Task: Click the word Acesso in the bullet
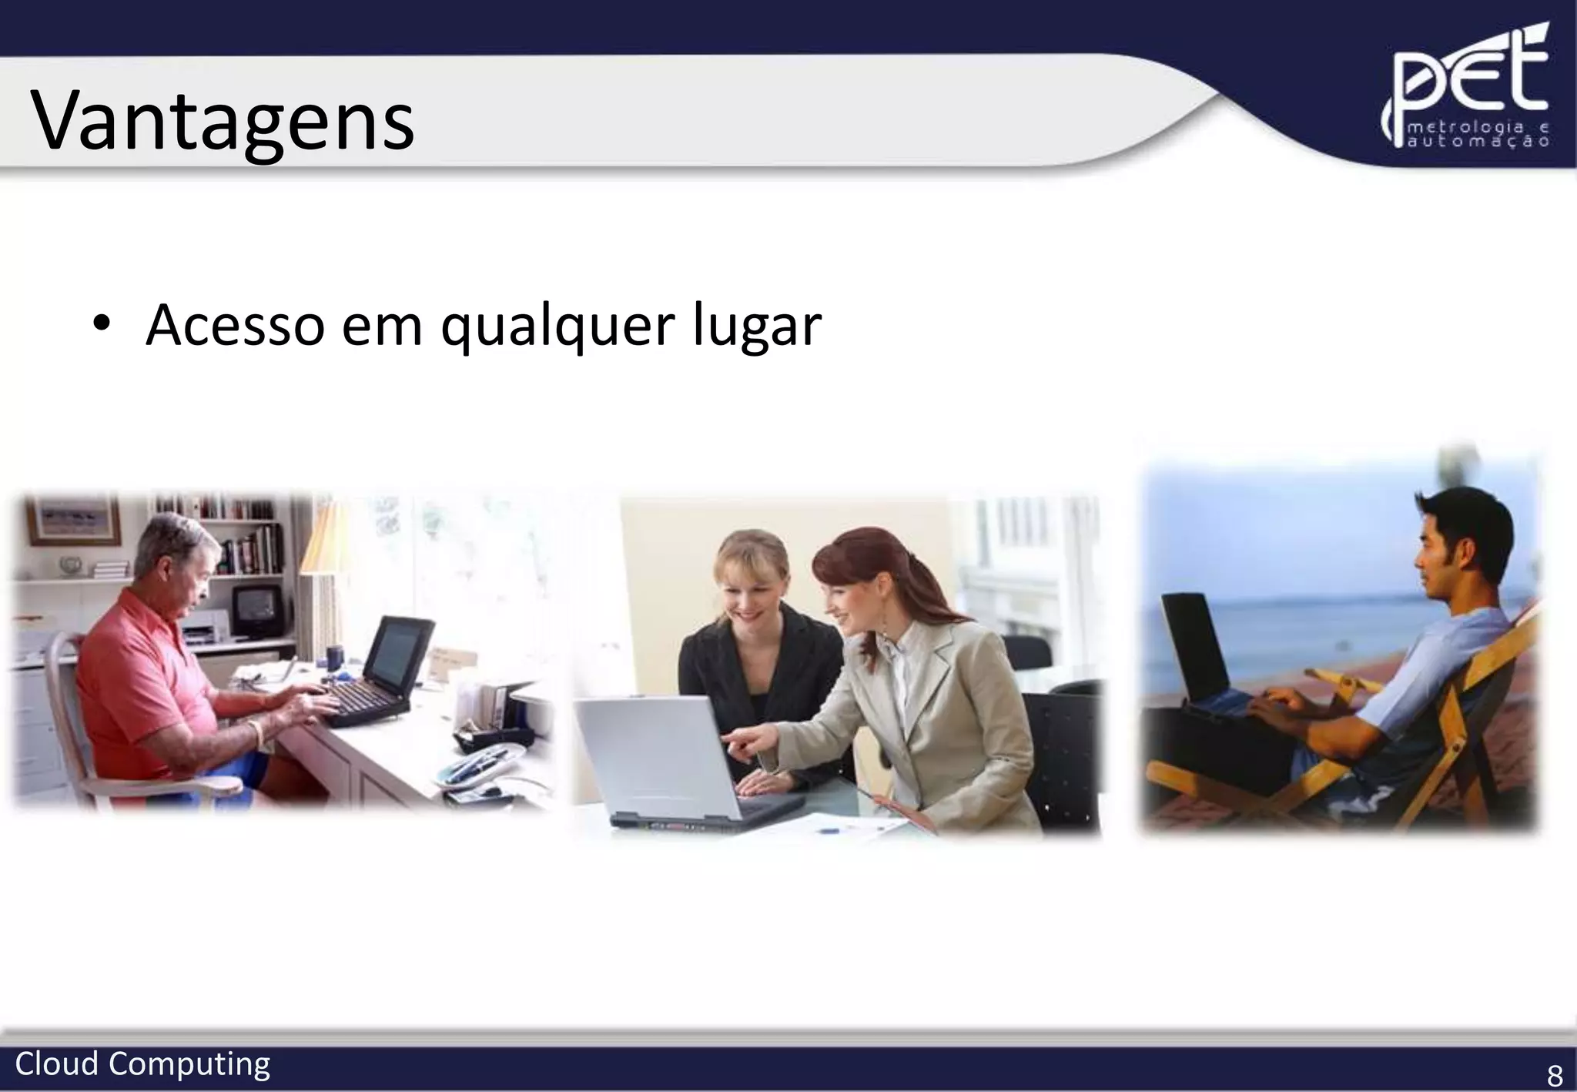[235, 325]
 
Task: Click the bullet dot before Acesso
[99, 324]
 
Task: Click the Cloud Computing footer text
[142, 1064]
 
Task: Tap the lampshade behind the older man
[323, 539]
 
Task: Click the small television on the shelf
[256, 608]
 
